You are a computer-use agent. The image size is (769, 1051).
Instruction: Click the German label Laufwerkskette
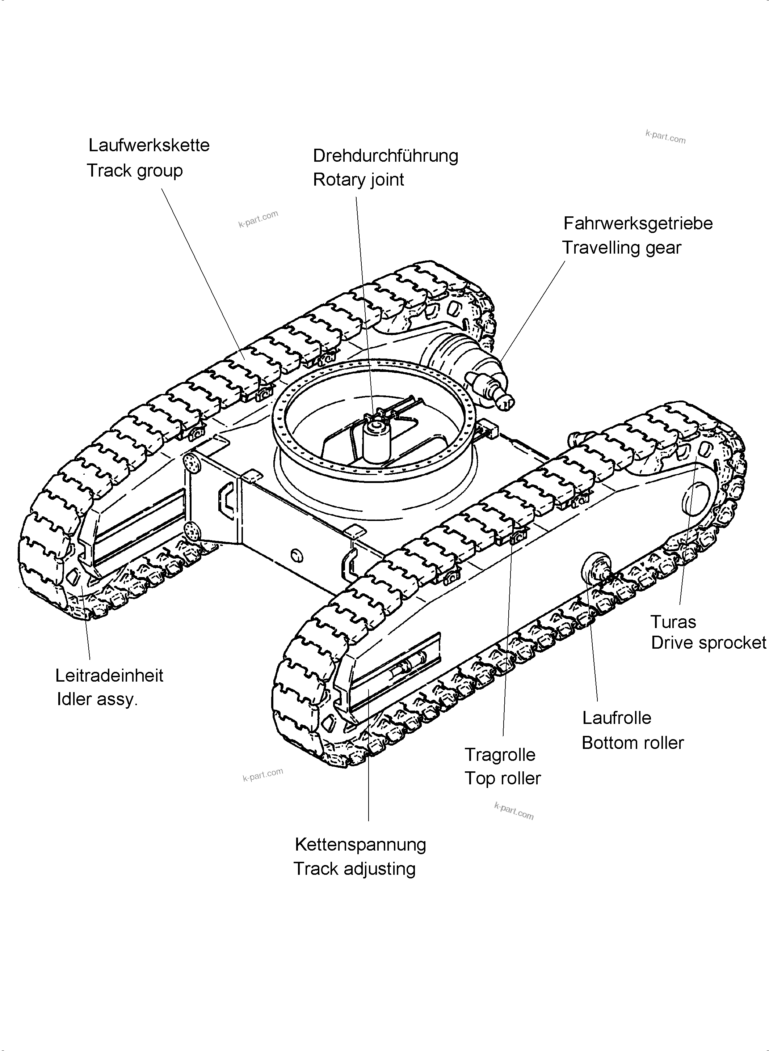(149, 145)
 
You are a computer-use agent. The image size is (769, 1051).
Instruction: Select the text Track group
(135, 171)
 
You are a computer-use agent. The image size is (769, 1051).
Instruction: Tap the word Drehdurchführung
(386, 156)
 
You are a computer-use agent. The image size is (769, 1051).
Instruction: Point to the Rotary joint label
(358, 180)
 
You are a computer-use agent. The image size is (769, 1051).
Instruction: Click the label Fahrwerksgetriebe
(638, 224)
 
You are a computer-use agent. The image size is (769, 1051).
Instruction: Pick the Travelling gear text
(621, 248)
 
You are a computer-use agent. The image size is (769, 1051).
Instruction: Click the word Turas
(673, 622)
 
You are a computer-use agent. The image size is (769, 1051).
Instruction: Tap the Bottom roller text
(633, 743)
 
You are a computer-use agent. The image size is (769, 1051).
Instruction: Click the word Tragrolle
(500, 755)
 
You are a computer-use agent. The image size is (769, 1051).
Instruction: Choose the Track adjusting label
(354, 869)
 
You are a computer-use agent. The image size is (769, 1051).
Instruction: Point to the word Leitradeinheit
(109, 676)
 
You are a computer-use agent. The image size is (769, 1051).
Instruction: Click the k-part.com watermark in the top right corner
(665, 137)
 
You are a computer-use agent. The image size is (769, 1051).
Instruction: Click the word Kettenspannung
(360, 844)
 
